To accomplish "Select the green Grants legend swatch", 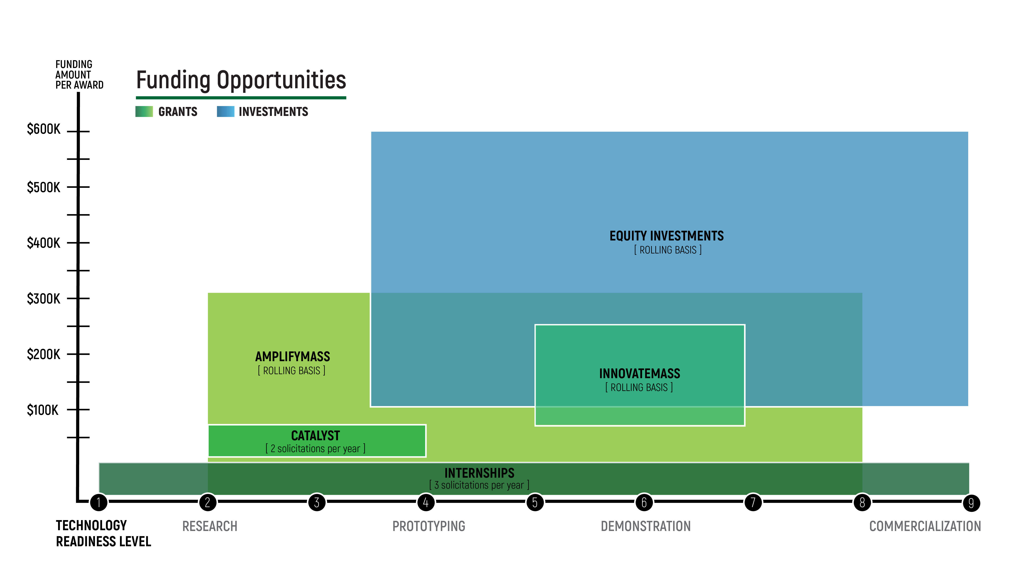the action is [x=144, y=112].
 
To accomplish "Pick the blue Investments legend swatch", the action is [x=225, y=112].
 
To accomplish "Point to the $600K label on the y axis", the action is [x=44, y=129].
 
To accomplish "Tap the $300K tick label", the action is [x=44, y=299].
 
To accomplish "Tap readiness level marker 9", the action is [x=971, y=503].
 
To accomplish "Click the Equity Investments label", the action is [x=667, y=236].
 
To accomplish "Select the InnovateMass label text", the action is [x=640, y=374].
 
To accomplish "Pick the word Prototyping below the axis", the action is [x=429, y=526].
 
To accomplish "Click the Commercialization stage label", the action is [x=925, y=526].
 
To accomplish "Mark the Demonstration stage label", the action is [x=646, y=526].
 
